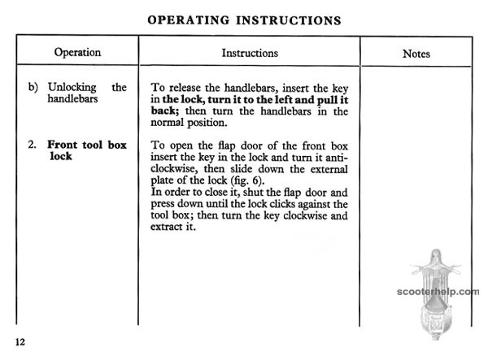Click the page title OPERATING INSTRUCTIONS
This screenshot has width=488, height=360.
pyautogui.click(x=244, y=20)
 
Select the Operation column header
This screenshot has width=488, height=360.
pyautogui.click(x=77, y=53)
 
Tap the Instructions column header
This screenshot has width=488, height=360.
pyautogui.click(x=250, y=53)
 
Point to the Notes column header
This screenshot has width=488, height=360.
pyautogui.click(x=416, y=54)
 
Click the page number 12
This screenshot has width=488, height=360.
pyautogui.click(x=20, y=341)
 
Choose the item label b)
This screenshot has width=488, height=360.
pyautogui.click(x=33, y=87)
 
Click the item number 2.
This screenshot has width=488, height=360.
pyautogui.click(x=31, y=145)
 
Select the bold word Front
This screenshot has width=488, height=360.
pyautogui.click(x=64, y=145)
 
